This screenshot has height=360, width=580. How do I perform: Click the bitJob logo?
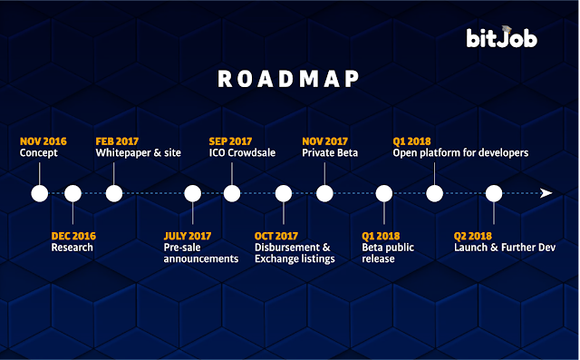tap(501, 37)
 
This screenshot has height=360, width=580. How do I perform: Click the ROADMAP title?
tap(288, 79)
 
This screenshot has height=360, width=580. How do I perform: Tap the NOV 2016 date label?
tap(43, 141)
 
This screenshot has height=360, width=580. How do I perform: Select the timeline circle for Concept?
tap(40, 193)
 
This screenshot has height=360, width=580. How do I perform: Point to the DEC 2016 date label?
tap(73, 236)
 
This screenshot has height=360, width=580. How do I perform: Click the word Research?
tap(72, 248)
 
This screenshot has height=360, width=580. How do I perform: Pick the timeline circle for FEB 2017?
tap(114, 193)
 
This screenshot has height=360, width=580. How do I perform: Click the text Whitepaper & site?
tap(139, 153)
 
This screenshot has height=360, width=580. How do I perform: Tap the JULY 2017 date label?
tap(188, 236)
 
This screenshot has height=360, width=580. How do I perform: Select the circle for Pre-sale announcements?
tap(193, 193)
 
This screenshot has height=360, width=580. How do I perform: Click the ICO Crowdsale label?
tap(242, 153)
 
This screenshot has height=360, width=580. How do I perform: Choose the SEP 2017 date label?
tap(230, 141)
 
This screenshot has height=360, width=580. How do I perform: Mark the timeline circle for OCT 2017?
tap(284, 193)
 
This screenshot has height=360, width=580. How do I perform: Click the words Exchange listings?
tap(295, 258)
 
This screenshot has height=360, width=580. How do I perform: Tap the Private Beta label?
tap(330, 153)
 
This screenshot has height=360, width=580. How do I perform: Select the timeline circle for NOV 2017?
tap(324, 193)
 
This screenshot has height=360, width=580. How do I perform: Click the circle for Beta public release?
tap(384, 193)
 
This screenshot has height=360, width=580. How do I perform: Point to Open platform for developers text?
tap(460, 153)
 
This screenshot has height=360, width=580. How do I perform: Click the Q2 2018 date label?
tap(473, 236)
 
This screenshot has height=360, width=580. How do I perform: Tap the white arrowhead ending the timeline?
tap(546, 193)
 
